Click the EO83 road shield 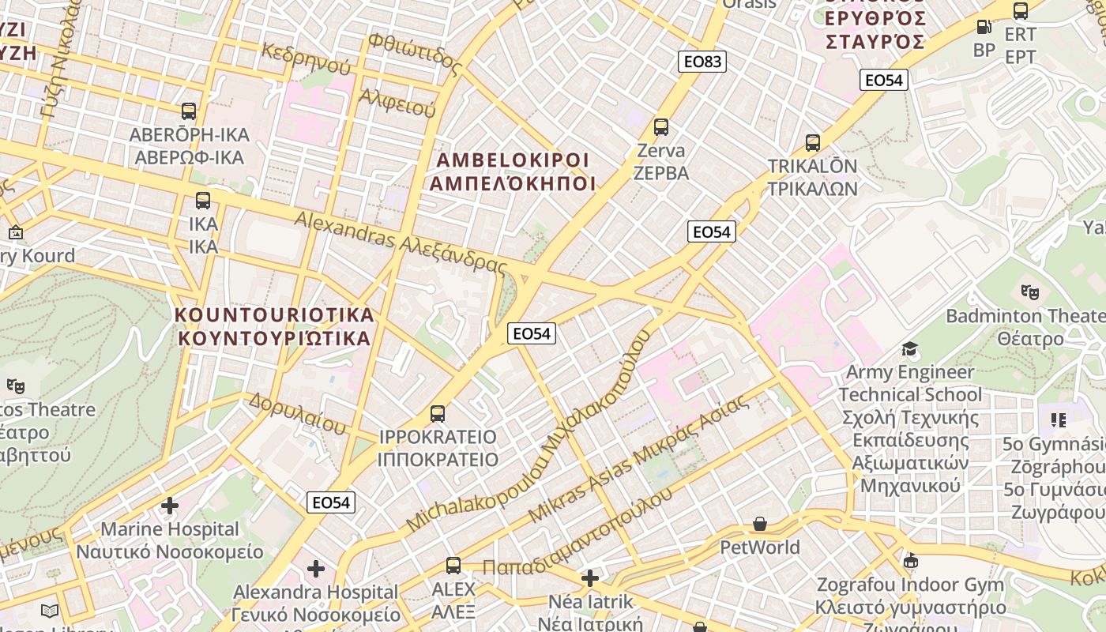(702, 62)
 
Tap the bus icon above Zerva (661, 126)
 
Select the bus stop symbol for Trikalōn (813, 143)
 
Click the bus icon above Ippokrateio (438, 413)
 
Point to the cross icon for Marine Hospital (170, 505)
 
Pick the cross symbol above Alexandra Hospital (316, 568)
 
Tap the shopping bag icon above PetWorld (760, 524)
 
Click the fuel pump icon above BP (984, 27)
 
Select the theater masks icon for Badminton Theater (1029, 292)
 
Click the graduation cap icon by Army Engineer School (910, 348)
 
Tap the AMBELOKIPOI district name (513, 171)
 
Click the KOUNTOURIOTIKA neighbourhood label (274, 326)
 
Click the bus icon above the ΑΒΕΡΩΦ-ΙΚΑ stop (188, 111)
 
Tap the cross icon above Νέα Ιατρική (590, 578)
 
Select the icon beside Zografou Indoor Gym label (910, 561)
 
